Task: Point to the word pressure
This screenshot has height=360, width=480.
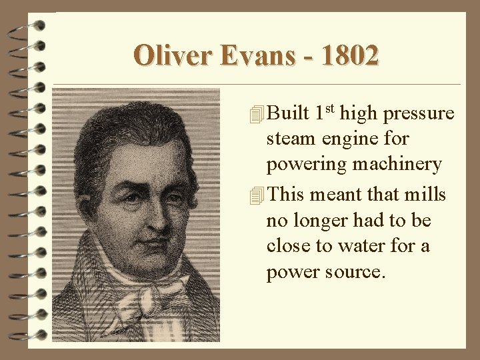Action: pyautogui.click(x=419, y=114)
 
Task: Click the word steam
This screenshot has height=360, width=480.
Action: pyautogui.click(x=290, y=140)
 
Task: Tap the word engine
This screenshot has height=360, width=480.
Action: pyautogui.click(x=352, y=140)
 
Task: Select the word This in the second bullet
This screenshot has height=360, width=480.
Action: pyautogui.click(x=286, y=195)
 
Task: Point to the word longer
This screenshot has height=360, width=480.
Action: pyautogui.click(x=325, y=221)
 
